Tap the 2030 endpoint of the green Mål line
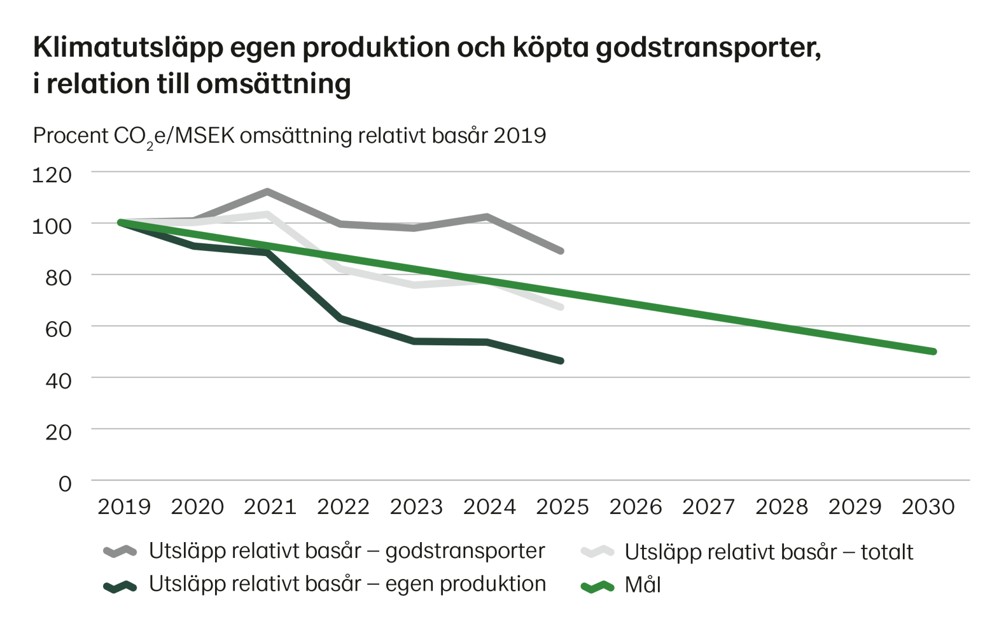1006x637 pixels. [933, 351]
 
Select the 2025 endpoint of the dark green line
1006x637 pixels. [561, 361]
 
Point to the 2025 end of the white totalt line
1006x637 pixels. [561, 308]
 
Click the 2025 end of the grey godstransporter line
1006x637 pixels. [561, 252]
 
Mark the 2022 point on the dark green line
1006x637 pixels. [342, 317]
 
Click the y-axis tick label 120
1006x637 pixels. [56, 173]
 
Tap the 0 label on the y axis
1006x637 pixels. [65, 483]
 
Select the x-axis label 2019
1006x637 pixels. [124, 507]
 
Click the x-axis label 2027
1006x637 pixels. [709, 507]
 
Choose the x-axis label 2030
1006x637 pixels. [929, 507]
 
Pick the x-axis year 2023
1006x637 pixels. [416, 507]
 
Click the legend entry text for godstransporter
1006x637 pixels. [347, 551]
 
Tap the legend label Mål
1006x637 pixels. [643, 585]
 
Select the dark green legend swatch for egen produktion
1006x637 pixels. [120, 585]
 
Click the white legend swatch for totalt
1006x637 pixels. [597, 551]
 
